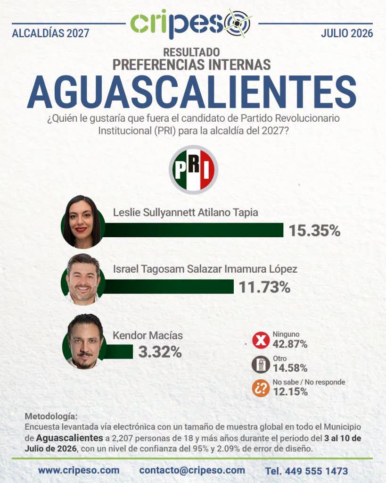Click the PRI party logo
pos(193,170)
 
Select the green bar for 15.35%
pos(193,230)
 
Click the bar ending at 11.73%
pos(168,286)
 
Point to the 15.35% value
pos(314,231)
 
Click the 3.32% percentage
pos(160,352)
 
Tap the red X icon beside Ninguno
pos(261,341)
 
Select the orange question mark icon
pos(261,388)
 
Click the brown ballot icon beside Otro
pos(261,365)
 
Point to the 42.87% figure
pos(290,344)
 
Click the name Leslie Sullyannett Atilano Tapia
pos(185,213)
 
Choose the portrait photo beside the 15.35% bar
pos(83,222)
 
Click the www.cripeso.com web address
pos(79,470)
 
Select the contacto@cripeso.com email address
pos(192,470)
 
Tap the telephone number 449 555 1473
pos(316,471)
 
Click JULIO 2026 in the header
pos(347,33)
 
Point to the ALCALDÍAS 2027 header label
pos(50,33)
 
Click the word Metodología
pos(51,416)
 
